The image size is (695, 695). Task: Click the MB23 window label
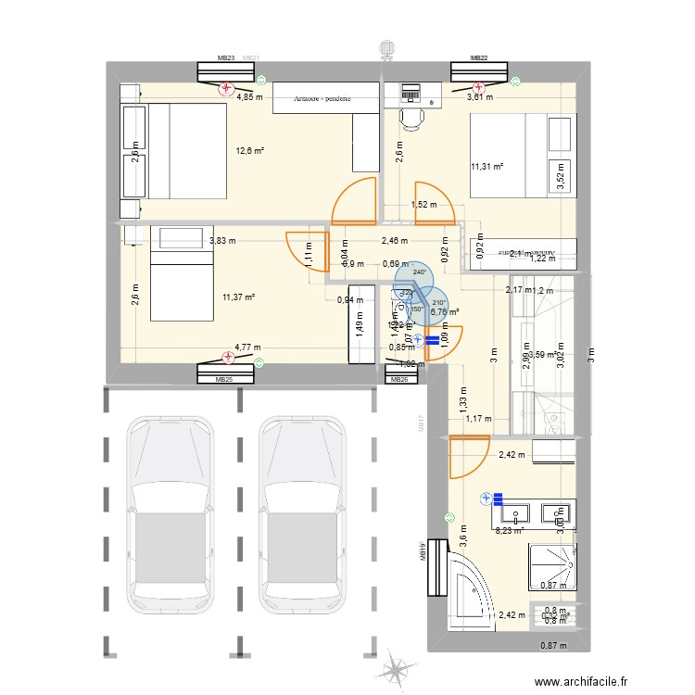[226, 57]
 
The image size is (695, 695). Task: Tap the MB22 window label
[478, 57]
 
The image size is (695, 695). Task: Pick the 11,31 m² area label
[487, 167]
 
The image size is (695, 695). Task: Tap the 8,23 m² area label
[508, 531]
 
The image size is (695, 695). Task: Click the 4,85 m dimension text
[248, 96]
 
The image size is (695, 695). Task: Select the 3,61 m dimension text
[479, 96]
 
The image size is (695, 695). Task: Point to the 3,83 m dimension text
[222, 241]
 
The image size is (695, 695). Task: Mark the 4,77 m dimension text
[247, 347]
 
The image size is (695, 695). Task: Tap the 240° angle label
[419, 272]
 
